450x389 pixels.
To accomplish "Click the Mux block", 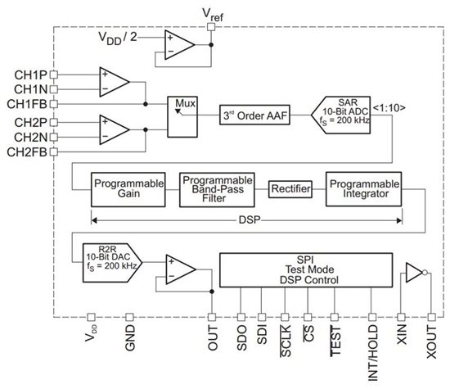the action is click(x=182, y=116).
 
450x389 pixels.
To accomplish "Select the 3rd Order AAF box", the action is click(x=254, y=115).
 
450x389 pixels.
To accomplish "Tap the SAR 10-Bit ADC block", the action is click(x=341, y=115).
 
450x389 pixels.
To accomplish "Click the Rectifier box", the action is click(x=290, y=189).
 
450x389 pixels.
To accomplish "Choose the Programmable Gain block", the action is click(x=128, y=190).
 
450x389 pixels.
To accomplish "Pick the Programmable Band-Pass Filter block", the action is click(x=217, y=190).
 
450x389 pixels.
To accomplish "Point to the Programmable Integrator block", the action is click(x=363, y=189).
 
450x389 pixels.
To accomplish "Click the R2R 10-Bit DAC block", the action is click(x=112, y=263).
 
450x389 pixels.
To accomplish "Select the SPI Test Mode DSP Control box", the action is click(x=306, y=270).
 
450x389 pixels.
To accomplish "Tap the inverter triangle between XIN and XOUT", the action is click(x=414, y=273).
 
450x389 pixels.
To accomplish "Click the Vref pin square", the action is click(x=211, y=27).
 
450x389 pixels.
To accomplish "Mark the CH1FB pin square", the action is click(x=54, y=104).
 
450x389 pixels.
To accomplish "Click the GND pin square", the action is click(x=130, y=317).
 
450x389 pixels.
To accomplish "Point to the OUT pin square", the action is click(x=212, y=317).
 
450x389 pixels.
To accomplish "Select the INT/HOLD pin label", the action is click(x=373, y=353).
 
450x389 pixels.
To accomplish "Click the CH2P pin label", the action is click(x=30, y=122).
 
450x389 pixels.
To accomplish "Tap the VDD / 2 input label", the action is click(x=118, y=38).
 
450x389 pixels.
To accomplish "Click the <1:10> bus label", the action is click(x=389, y=108).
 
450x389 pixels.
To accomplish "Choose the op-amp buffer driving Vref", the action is click(x=180, y=45).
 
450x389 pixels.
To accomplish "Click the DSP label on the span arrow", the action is click(x=250, y=220).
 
